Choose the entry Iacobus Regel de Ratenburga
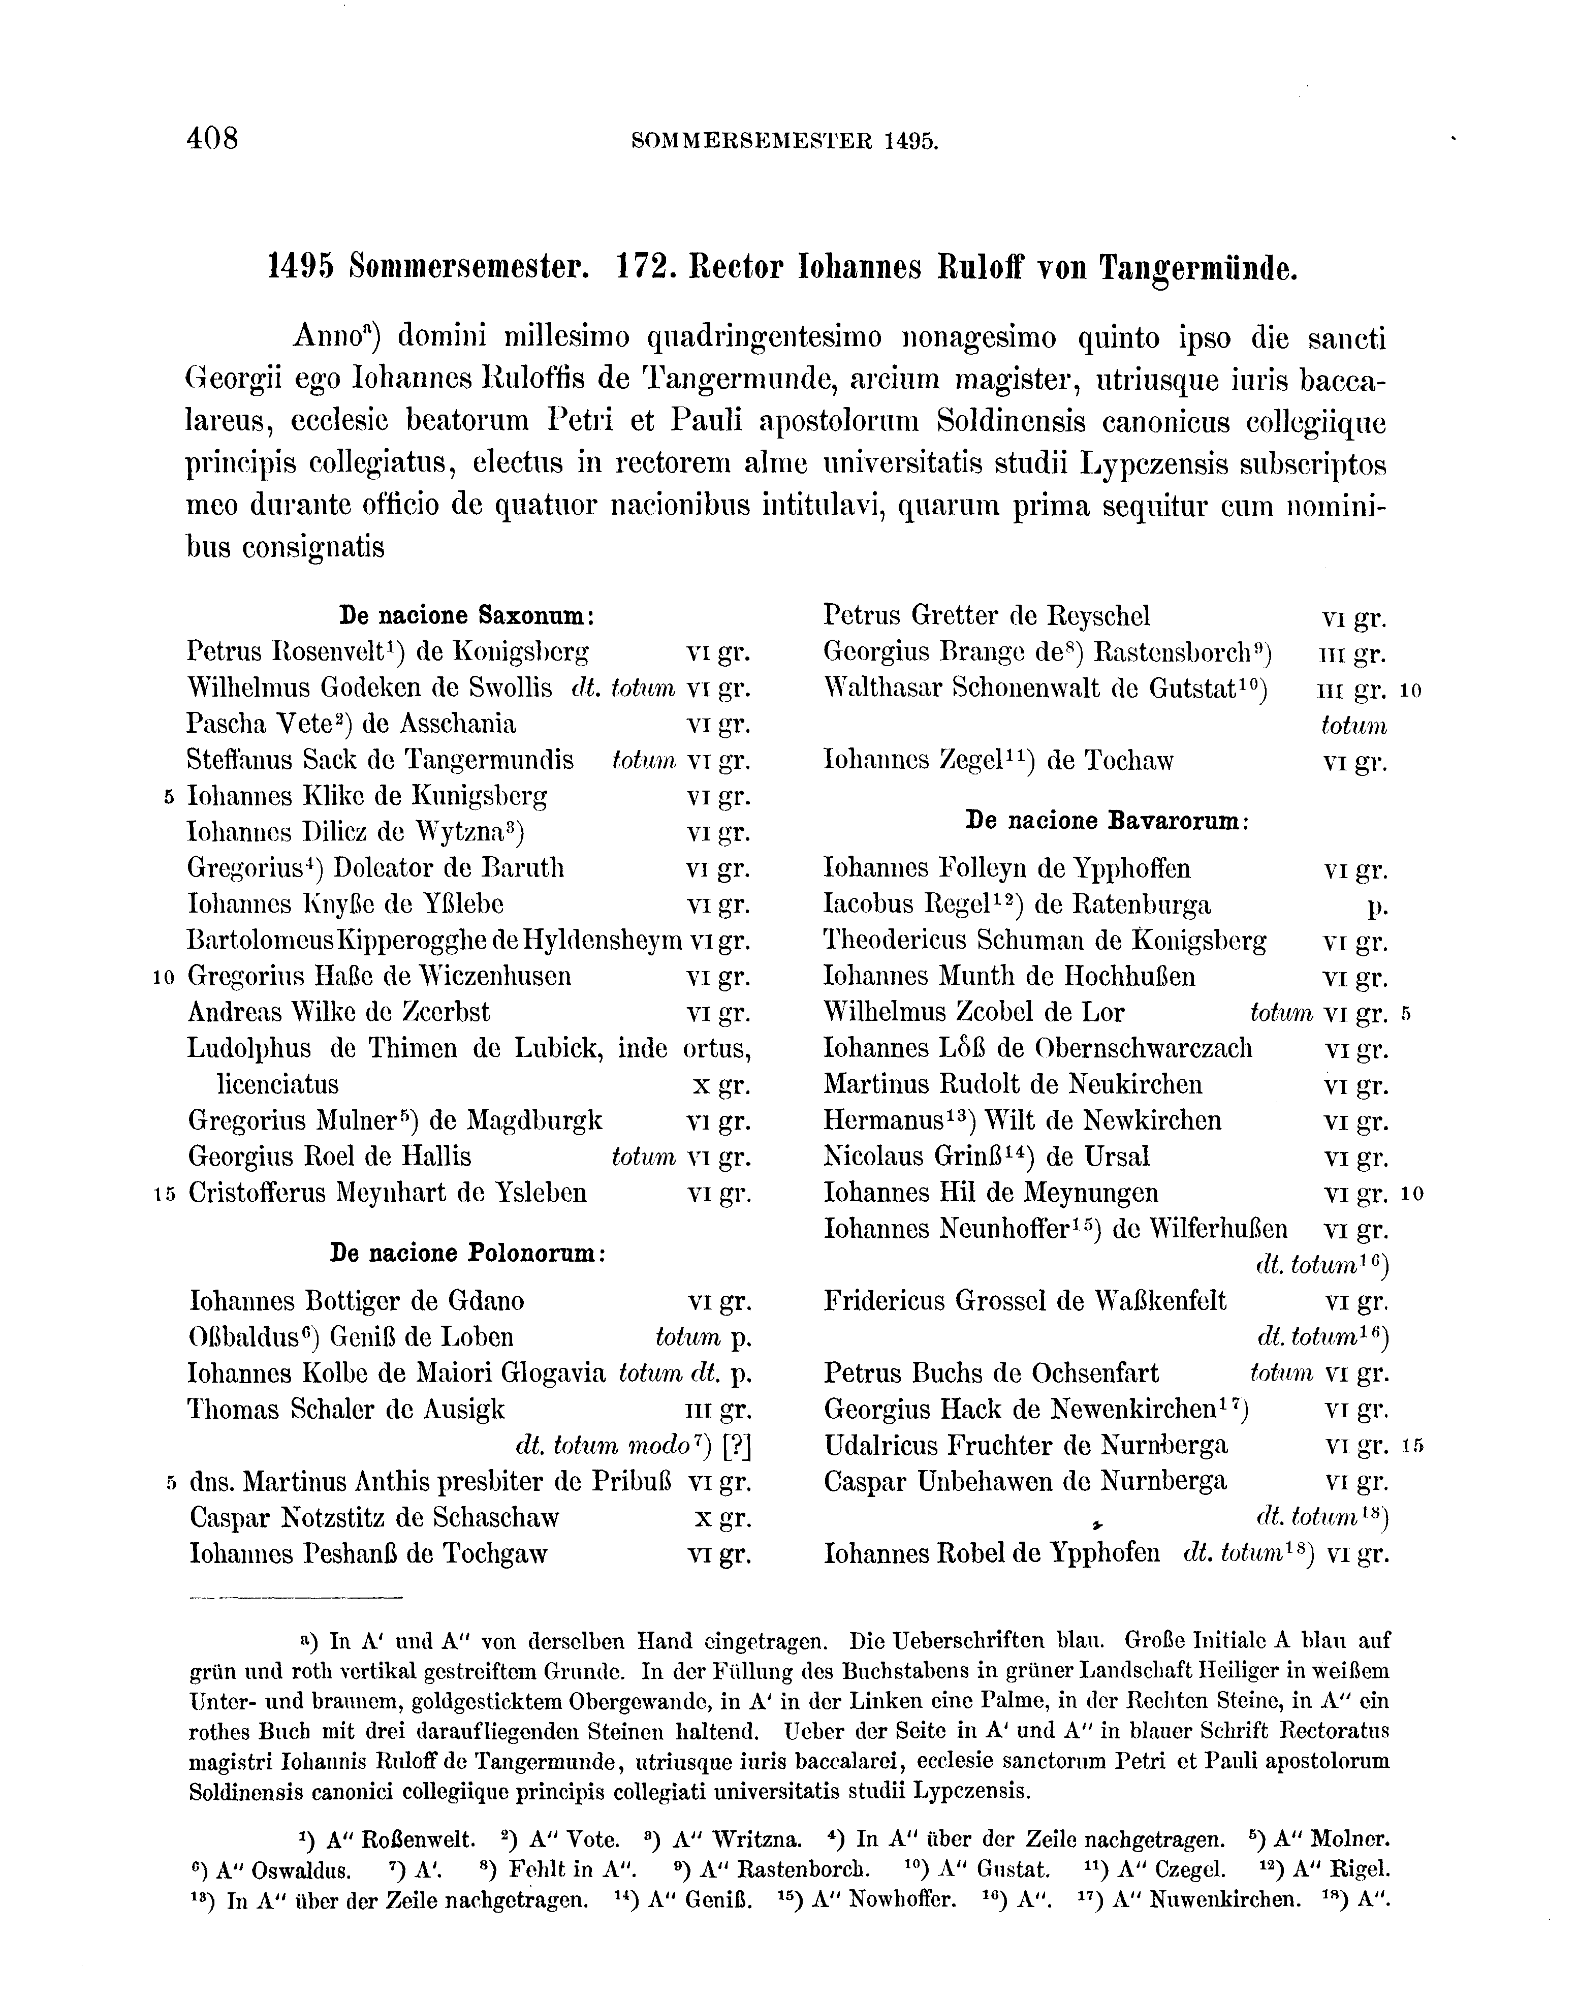1016,904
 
